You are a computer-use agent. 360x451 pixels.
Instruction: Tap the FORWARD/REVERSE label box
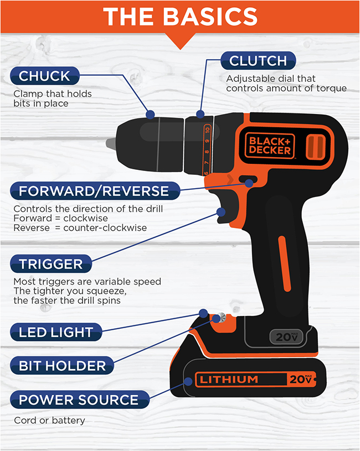coord(94,191)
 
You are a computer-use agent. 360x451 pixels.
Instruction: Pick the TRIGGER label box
coord(51,263)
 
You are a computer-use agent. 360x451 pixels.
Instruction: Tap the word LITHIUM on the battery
coord(229,380)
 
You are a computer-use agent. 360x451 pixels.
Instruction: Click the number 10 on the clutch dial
coord(207,131)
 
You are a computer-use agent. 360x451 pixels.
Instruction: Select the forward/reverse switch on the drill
coord(248,182)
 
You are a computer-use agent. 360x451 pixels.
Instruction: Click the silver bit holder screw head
coord(220,318)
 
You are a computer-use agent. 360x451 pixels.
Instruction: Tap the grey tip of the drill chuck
coord(111,143)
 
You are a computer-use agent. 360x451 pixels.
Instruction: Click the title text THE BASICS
coord(180,17)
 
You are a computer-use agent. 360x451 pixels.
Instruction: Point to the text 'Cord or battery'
coord(49,421)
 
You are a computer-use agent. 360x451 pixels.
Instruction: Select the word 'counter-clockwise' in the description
coord(114,228)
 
